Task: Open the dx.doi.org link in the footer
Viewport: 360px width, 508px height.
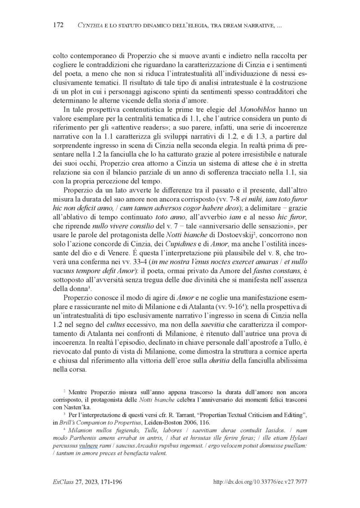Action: pos(259,482)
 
